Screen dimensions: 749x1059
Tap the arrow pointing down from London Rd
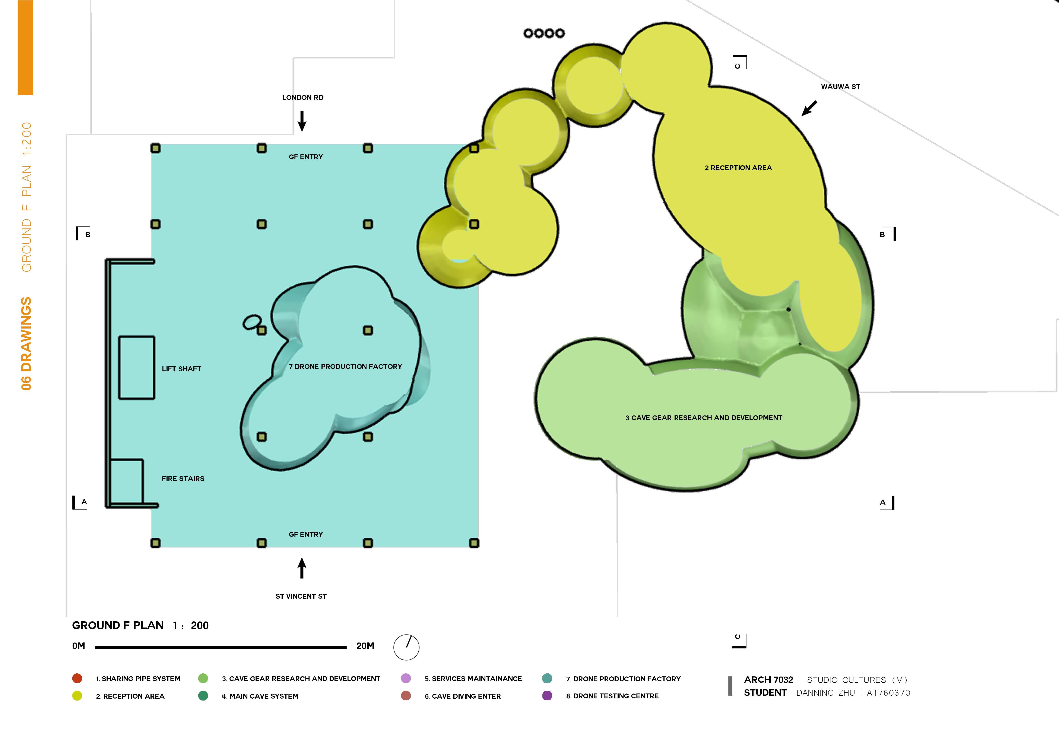[302, 121]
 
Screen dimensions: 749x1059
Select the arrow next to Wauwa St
[809, 108]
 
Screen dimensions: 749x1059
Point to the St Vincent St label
[301, 596]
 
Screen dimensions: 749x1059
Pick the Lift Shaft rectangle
[137, 368]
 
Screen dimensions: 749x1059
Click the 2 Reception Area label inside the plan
[738, 168]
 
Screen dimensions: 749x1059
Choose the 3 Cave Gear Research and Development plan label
[703, 418]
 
